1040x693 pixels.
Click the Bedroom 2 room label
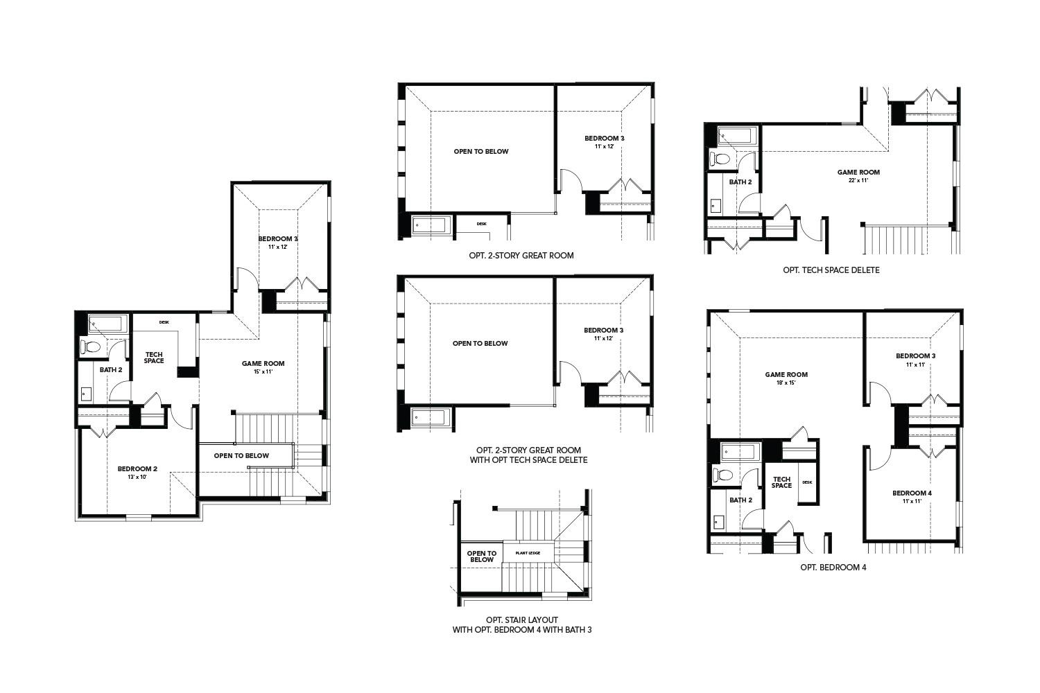click(x=137, y=468)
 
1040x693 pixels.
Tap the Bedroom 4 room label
click(x=912, y=493)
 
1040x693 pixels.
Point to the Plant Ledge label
click(x=527, y=553)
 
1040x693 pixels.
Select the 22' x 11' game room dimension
click(x=858, y=180)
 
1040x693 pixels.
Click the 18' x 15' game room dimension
click(x=786, y=383)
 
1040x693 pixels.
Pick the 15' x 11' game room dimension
click(x=263, y=371)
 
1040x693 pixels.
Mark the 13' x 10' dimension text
click(x=137, y=477)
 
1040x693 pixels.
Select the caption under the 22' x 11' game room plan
click(x=831, y=270)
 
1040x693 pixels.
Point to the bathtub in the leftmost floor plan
click(x=106, y=324)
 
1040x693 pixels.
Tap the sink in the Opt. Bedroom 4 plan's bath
click(x=717, y=521)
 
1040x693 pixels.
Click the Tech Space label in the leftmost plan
click(x=154, y=358)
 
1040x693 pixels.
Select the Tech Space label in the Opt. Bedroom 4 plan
click(x=781, y=482)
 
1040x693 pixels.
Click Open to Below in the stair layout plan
click(x=481, y=556)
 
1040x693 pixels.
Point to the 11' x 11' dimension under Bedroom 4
click(x=912, y=501)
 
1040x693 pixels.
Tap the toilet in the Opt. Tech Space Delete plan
click(x=721, y=160)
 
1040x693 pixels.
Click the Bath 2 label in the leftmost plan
click(x=110, y=370)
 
